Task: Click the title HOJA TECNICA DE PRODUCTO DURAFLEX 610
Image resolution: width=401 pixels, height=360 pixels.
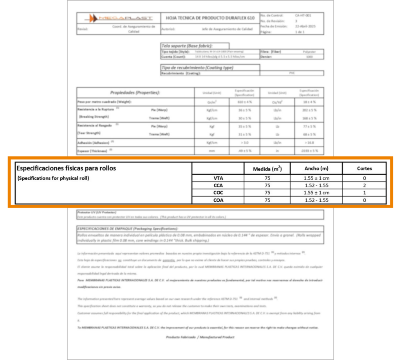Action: coord(210,18)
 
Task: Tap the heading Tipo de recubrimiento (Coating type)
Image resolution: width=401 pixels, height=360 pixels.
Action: coord(198,67)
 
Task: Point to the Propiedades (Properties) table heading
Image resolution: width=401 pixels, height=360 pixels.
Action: coord(135,93)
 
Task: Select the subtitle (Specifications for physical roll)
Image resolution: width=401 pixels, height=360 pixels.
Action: coord(53,178)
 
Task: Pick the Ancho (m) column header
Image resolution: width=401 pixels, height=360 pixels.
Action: coord(316,169)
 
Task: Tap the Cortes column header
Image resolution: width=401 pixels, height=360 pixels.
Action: coord(365,169)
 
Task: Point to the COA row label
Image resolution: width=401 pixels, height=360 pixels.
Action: coord(218,200)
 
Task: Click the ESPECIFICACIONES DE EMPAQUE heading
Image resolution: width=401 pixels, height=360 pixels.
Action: coord(127,228)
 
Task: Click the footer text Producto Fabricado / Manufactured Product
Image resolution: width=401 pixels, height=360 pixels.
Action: coord(200,337)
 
